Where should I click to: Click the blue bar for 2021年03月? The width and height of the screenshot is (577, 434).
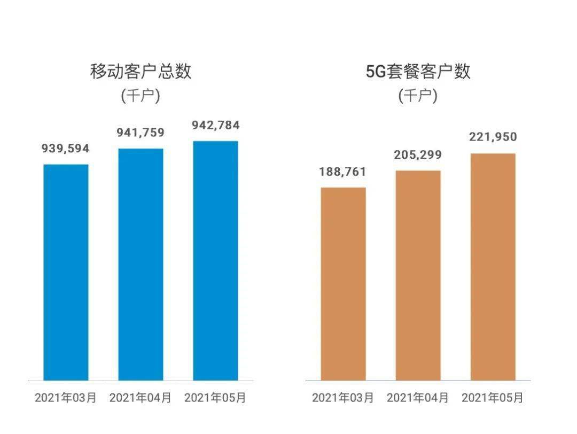[66, 272]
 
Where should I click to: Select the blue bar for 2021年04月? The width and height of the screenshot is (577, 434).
[141, 264]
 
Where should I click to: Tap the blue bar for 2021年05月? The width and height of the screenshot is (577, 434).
[215, 260]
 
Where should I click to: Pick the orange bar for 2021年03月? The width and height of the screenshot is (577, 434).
[343, 284]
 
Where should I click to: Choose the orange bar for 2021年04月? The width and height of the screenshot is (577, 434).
[418, 275]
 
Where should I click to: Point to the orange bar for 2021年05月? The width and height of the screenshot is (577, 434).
[493, 267]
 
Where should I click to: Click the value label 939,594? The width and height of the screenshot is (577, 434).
[66, 149]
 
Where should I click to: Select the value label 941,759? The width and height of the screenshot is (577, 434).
[141, 133]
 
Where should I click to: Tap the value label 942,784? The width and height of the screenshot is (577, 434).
[215, 126]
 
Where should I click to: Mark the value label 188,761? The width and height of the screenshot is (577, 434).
[343, 172]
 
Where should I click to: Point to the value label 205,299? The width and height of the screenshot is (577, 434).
[418, 155]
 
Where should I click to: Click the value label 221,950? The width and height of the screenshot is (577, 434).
[493, 137]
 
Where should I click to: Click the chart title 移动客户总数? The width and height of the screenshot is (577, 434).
[141, 71]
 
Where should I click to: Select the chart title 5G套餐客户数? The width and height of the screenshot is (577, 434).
[418, 71]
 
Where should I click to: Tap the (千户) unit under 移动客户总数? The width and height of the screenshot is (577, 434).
[141, 96]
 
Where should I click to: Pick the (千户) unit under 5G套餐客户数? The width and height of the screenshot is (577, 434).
[418, 96]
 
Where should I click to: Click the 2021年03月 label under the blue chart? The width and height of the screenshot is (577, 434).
[66, 398]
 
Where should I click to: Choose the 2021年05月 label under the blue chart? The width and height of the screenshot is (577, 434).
[215, 398]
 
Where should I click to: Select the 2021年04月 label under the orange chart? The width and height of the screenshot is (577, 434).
[418, 398]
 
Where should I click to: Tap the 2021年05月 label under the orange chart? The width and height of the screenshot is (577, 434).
[493, 398]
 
